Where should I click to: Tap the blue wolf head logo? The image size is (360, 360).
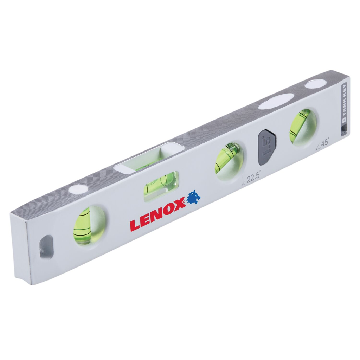pos(194,197)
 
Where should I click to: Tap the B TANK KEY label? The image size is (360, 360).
pos(345,103)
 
